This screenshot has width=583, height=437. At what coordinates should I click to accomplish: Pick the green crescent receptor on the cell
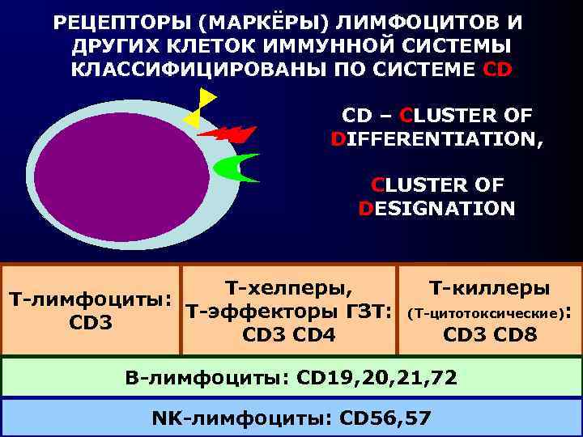tap(236, 168)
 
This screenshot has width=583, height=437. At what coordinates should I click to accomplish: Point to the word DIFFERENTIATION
tap(438, 139)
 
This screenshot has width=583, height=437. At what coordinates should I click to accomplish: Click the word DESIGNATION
tap(436, 208)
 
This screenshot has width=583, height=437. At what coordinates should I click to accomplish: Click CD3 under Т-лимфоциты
tap(91, 323)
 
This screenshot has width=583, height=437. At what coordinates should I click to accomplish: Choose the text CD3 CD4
tap(289, 333)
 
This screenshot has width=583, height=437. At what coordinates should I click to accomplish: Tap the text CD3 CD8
tap(490, 333)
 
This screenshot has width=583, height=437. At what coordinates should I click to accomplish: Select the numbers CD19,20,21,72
tap(377, 376)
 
